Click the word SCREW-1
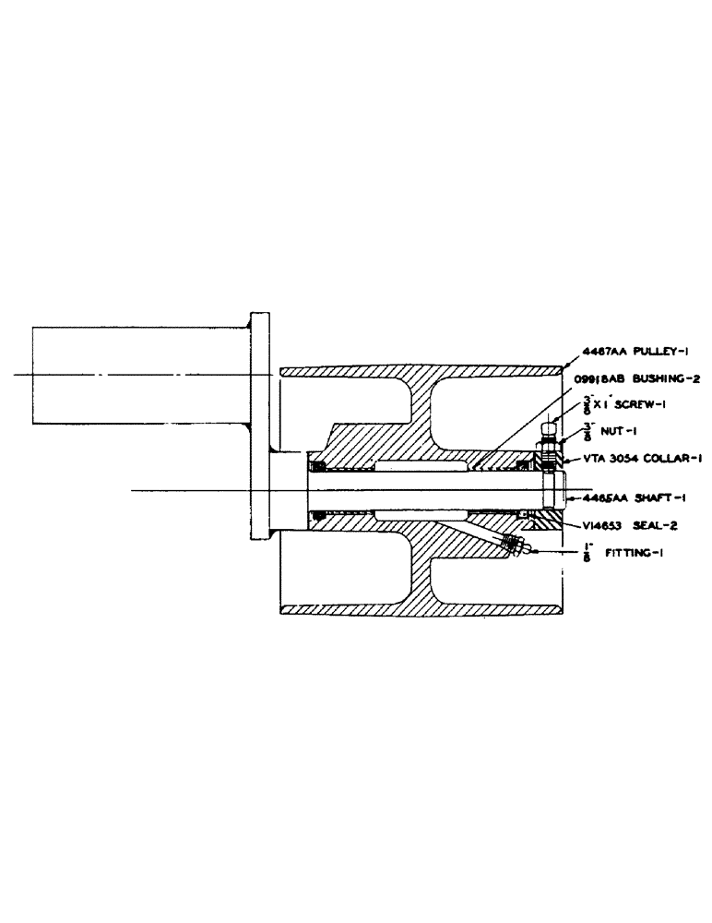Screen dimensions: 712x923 [632, 407]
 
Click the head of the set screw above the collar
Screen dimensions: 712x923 [551, 427]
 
